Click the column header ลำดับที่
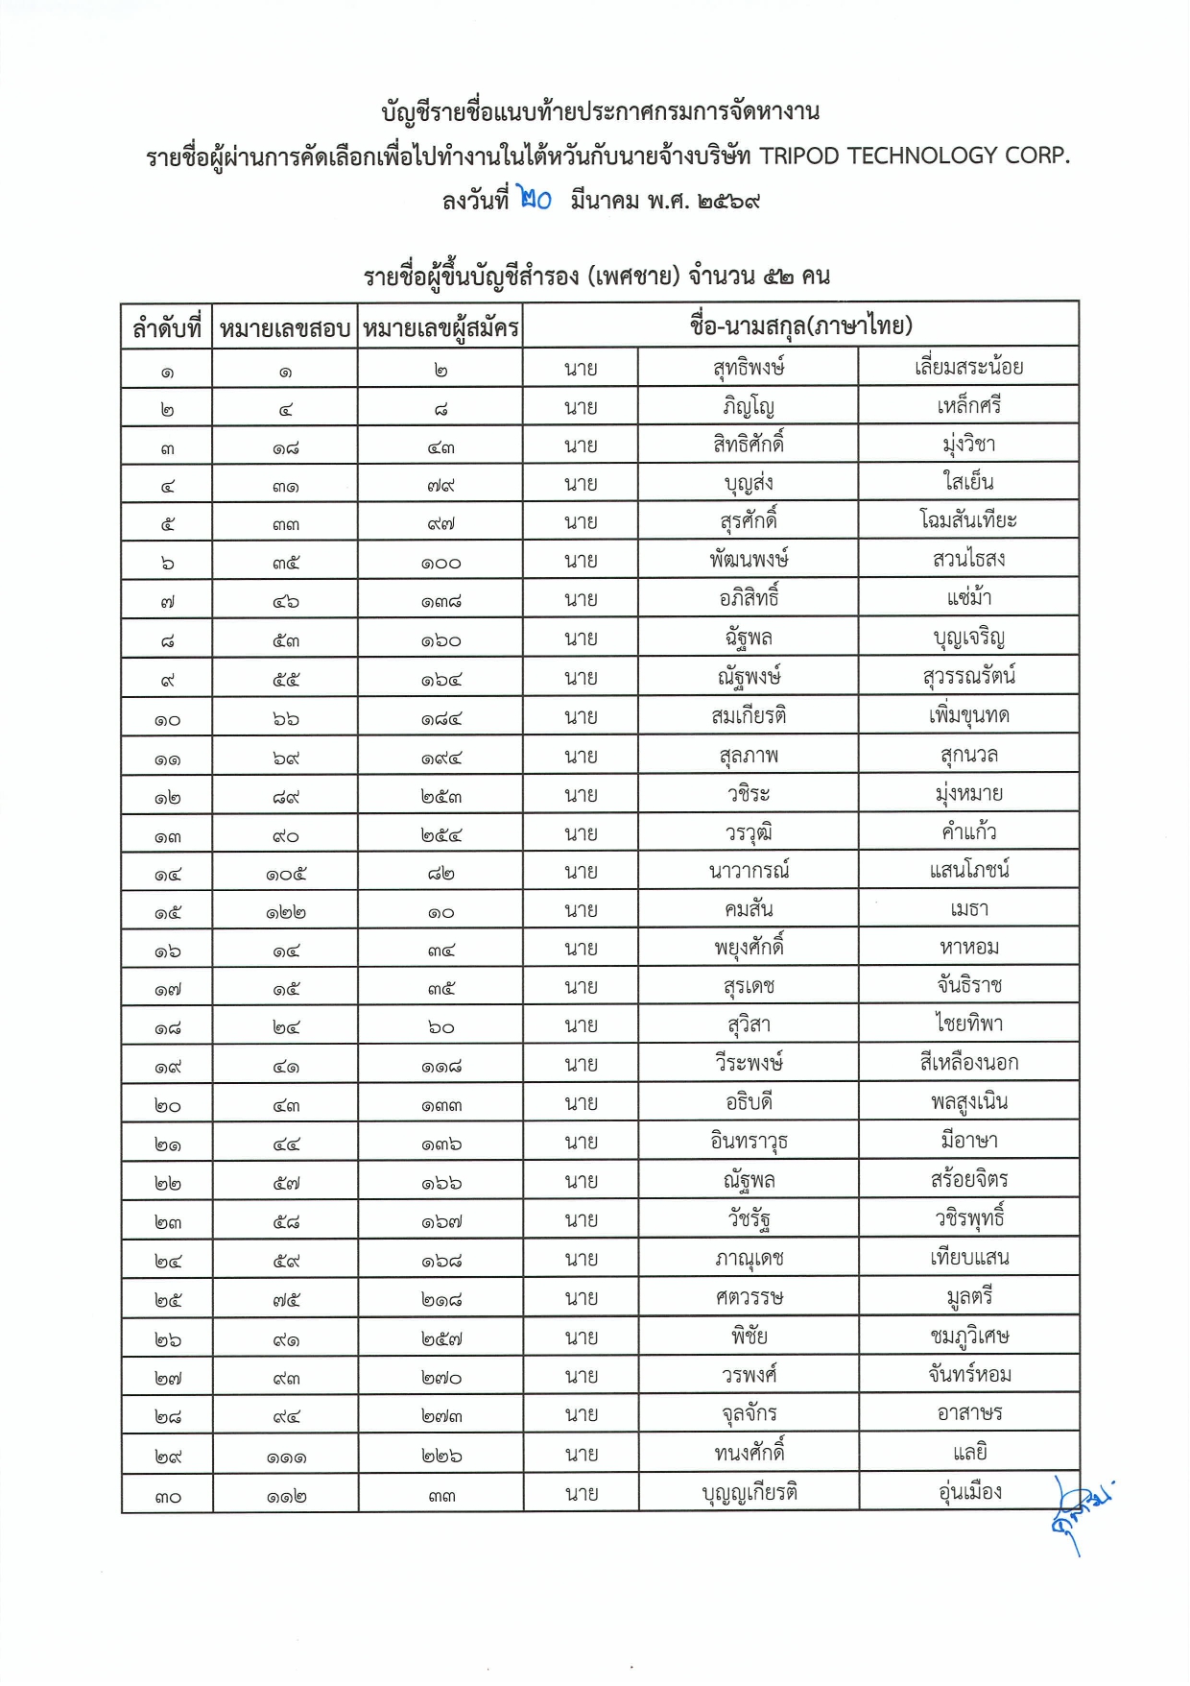167,328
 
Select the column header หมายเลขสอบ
285,328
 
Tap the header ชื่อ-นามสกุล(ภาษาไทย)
800,325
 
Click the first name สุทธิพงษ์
749,368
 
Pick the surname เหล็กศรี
968,406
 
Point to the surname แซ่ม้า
968,598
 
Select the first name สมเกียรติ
749,716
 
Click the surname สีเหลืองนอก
968,1063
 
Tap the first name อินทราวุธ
749,1142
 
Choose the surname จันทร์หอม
968,1375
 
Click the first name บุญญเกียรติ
749,1493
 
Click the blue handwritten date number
534,199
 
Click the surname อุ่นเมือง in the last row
968,1492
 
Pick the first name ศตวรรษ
749,1298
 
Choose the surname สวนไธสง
968,559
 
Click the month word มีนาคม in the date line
604,201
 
